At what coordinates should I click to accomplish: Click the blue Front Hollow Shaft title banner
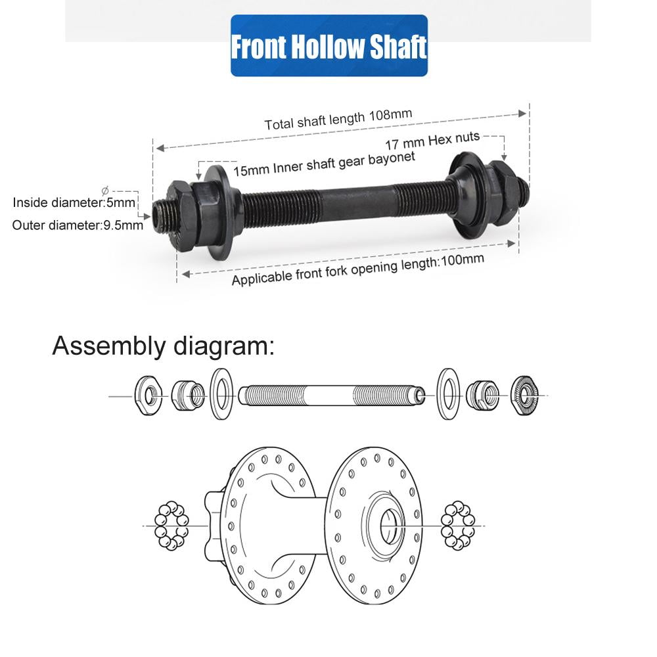329,46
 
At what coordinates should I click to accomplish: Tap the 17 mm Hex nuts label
432,141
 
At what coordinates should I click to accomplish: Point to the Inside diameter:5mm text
74,203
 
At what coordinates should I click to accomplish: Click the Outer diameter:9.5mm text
78,225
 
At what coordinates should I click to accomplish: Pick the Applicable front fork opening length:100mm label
358,269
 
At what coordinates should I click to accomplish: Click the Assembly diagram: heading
163,346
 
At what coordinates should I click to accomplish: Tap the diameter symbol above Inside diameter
105,191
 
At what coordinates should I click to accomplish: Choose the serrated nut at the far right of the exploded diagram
524,396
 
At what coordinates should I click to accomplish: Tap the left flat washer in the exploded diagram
221,394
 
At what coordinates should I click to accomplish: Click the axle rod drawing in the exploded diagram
332,396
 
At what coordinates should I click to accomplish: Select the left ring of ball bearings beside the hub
171,526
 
